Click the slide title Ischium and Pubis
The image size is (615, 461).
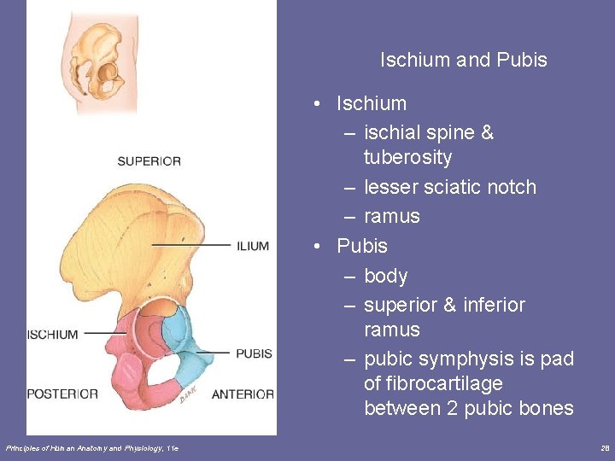[463, 61]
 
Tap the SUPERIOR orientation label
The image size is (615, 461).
[149, 161]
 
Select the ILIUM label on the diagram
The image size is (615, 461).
[253, 246]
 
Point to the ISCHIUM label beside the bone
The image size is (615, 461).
[52, 335]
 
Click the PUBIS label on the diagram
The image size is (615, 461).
[254, 353]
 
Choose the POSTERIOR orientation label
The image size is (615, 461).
[62, 394]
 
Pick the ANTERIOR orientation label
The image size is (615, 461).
[243, 394]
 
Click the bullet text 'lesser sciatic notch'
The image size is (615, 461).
[450, 187]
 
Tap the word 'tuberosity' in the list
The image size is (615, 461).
[407, 158]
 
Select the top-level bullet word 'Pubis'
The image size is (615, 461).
[362, 246]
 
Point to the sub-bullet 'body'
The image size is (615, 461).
[385, 276]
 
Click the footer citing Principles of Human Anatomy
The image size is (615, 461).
[91, 447]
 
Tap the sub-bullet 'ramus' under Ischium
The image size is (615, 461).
[391, 217]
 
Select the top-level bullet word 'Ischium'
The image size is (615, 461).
[372, 103]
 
